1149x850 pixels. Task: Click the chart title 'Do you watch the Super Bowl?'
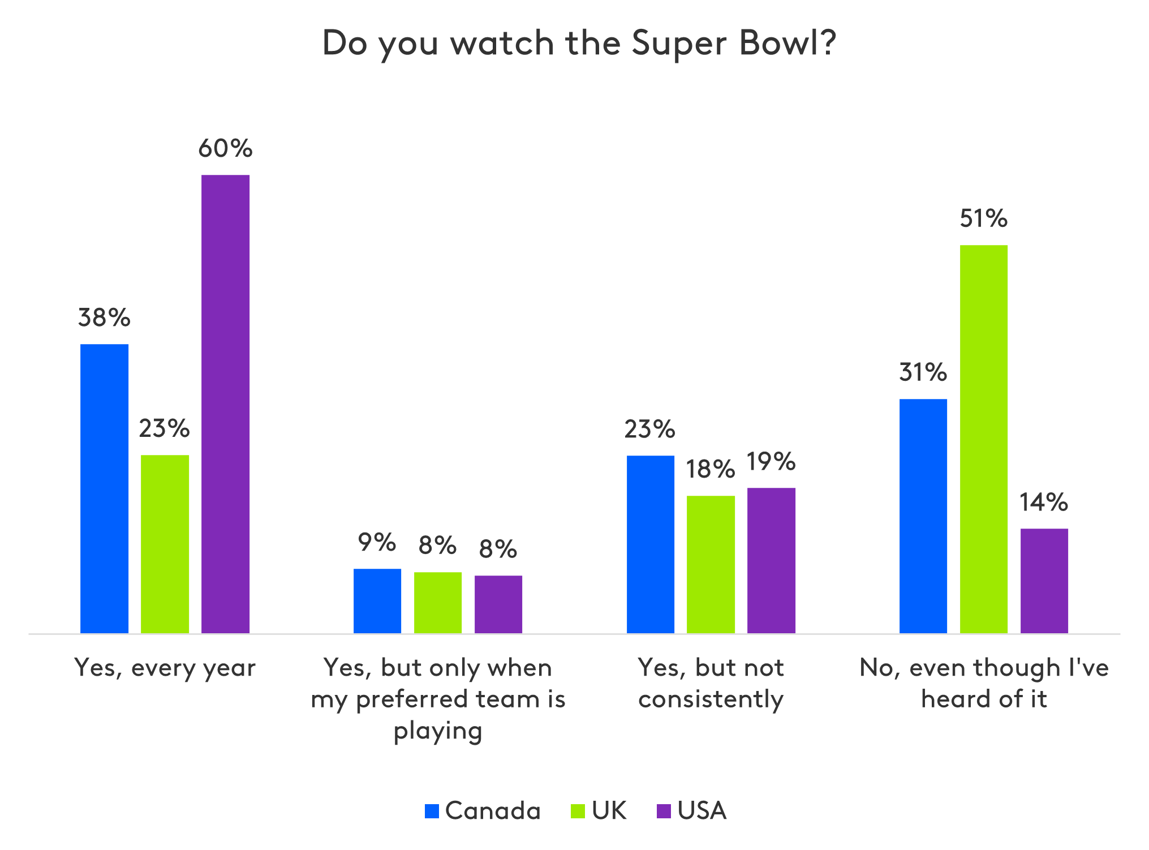tap(579, 43)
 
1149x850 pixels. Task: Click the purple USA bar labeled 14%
tap(1044, 580)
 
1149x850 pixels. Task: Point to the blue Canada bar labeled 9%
tap(377, 600)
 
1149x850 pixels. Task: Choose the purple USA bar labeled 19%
tap(771, 560)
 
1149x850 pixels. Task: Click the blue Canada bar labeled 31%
tap(923, 516)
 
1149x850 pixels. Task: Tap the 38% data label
tap(104, 318)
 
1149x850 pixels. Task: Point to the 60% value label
tap(225, 149)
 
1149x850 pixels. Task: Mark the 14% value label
tap(1044, 503)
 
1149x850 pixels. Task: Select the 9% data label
tap(377, 543)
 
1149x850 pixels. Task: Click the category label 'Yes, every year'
tap(165, 668)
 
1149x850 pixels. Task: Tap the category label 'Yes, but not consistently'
tap(711, 684)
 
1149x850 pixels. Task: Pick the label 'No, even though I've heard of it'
tap(984, 684)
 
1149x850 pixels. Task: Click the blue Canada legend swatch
tap(432, 811)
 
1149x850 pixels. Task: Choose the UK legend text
tap(609, 811)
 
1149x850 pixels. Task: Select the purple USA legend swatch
tap(664, 811)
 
